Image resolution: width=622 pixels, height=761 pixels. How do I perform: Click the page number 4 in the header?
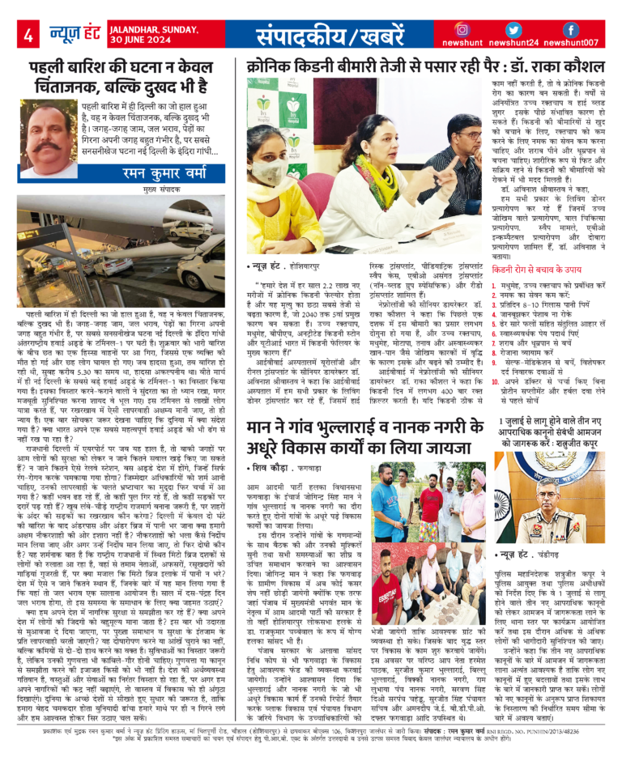(28, 35)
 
